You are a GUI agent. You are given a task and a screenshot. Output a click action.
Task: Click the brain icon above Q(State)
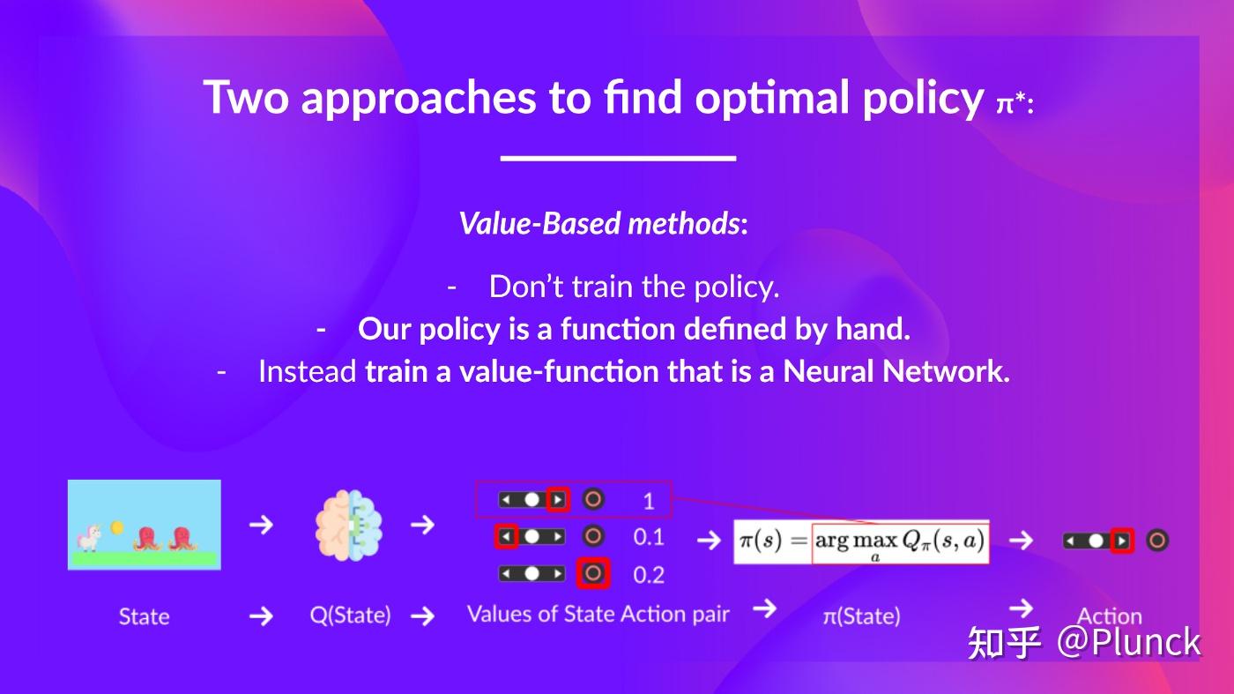click(349, 525)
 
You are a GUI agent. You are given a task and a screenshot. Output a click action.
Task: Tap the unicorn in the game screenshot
click(90, 537)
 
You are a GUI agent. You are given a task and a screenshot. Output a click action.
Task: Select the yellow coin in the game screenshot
click(116, 528)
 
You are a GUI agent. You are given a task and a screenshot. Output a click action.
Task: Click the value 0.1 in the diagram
click(649, 537)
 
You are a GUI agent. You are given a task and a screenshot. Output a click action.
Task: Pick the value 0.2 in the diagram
click(649, 575)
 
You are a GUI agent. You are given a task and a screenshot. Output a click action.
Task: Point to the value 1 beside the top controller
click(649, 501)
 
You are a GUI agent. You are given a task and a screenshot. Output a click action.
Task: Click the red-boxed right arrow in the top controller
click(558, 499)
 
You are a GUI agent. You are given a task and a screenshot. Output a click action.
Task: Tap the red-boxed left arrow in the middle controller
click(506, 536)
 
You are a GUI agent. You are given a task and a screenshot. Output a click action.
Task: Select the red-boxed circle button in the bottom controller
click(592, 573)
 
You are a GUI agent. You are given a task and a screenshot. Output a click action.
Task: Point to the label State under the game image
click(145, 616)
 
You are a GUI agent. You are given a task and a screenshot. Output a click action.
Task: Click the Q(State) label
click(351, 616)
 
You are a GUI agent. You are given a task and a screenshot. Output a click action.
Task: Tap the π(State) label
click(862, 616)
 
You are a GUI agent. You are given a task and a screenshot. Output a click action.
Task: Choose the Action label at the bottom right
click(1110, 616)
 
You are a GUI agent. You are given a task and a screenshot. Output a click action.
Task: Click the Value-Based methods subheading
click(603, 224)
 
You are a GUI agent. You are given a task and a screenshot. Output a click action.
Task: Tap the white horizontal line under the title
click(618, 158)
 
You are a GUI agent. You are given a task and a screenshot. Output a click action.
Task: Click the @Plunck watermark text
click(1128, 642)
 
